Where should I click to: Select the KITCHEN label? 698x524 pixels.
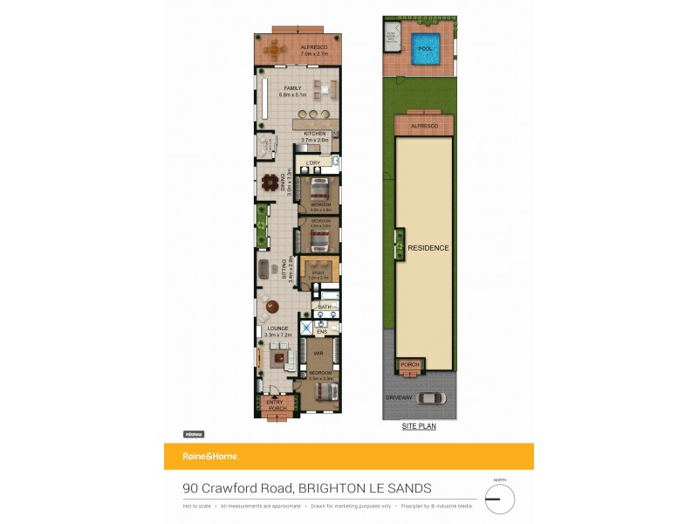315,134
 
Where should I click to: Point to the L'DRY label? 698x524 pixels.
313,162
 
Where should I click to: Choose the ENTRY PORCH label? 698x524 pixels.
276,405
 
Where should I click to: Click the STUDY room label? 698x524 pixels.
318,272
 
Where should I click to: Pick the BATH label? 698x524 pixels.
325,307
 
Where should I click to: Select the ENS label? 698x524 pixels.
321,332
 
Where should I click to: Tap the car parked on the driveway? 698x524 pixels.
430,398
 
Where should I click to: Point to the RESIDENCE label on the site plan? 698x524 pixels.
428,248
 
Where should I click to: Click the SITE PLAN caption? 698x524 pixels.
419,427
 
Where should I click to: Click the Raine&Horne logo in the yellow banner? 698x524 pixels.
209,456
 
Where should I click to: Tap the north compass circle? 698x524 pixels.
500,500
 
